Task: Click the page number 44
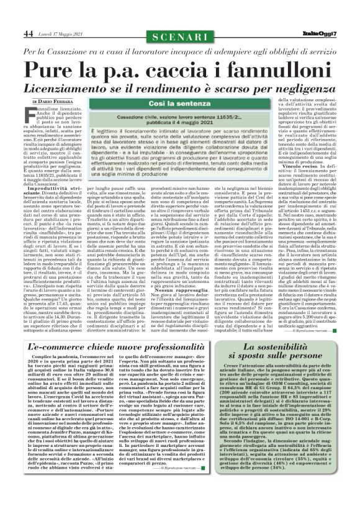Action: [x=29, y=33]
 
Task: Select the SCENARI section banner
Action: [x=180, y=33]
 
